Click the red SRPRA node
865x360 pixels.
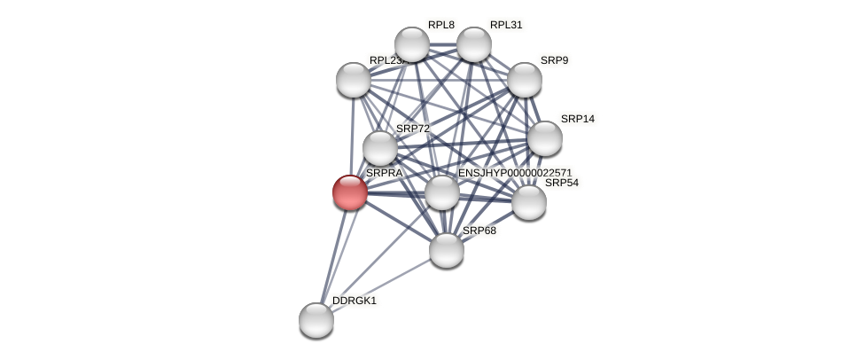pos(350,192)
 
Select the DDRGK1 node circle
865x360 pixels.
pos(316,320)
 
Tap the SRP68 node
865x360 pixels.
pos(447,250)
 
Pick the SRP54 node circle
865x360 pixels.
pos(529,202)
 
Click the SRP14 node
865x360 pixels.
pos(545,138)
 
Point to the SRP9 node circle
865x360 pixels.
pos(525,80)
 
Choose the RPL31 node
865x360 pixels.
pos(474,44)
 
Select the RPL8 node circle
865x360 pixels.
pos(412,44)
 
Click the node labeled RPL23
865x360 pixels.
pos(354,80)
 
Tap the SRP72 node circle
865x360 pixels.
pos(380,148)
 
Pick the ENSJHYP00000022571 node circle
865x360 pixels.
pos(442,192)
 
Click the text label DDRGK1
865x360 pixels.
pos(355,301)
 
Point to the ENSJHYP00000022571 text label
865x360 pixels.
pos(515,173)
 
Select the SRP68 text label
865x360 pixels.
pos(479,231)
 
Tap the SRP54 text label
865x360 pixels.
pos(561,183)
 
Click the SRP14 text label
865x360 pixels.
pos(578,119)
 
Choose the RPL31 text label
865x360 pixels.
pos(506,25)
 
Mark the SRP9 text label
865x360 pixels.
pos(555,60)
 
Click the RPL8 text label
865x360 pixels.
pos(441,25)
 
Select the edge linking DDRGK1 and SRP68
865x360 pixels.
pos(381,286)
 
